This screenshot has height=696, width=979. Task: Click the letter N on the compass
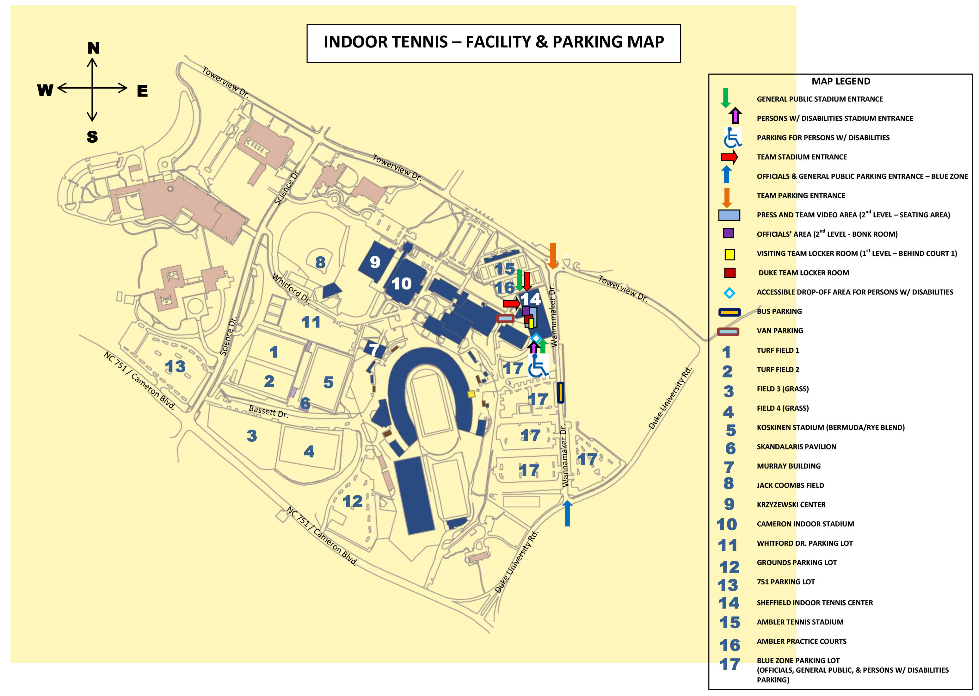pyautogui.click(x=93, y=48)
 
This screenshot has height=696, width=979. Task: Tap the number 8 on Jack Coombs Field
pyautogui.click(x=320, y=262)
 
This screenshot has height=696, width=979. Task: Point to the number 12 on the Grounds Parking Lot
pyautogui.click(x=353, y=501)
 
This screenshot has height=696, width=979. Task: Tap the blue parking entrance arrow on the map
pyautogui.click(x=567, y=513)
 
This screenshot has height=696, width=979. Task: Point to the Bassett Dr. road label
pyautogui.click(x=268, y=411)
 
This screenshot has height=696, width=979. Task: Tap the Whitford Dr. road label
pyautogui.click(x=291, y=289)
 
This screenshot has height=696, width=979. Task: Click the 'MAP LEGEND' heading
pyautogui.click(x=841, y=81)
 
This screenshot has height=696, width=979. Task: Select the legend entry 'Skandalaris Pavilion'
pyautogui.click(x=796, y=447)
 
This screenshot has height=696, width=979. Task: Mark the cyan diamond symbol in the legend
pyautogui.click(x=729, y=293)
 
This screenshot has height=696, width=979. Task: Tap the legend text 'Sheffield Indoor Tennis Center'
pyautogui.click(x=815, y=603)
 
